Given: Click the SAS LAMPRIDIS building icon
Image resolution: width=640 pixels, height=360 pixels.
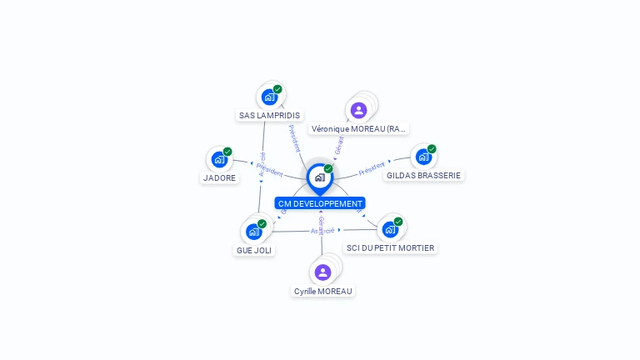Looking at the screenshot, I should [x=269, y=97].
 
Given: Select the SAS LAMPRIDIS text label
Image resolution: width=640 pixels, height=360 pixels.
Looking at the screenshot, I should [x=269, y=116].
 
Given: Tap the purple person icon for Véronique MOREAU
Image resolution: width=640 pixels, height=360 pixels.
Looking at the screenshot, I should [x=359, y=110].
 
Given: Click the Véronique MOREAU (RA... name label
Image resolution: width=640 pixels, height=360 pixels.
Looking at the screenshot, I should [x=358, y=129].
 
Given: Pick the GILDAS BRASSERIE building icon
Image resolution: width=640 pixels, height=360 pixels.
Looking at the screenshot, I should [x=423, y=157].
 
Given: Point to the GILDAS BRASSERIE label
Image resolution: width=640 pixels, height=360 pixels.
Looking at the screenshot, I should [x=423, y=176].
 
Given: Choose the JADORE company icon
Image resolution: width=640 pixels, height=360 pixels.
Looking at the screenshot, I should [x=219, y=159].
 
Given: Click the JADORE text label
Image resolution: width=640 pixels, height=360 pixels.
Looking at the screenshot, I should [x=220, y=178].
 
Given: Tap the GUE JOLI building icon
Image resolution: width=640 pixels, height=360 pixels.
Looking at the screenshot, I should [x=253, y=231].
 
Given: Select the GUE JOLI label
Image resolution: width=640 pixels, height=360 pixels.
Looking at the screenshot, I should [x=254, y=250].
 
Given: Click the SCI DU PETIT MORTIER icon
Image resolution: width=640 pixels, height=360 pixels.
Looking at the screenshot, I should [x=390, y=229].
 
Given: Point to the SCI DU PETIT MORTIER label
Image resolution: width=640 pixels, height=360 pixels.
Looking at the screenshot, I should [x=390, y=248].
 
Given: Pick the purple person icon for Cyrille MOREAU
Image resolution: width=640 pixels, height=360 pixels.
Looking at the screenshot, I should [x=323, y=272].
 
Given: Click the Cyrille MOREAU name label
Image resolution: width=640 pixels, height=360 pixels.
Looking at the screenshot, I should [x=323, y=292].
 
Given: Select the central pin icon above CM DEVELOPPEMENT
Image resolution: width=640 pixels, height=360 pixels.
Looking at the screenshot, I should [x=319, y=177].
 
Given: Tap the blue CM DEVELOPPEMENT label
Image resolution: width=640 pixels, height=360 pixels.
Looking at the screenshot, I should [x=320, y=203].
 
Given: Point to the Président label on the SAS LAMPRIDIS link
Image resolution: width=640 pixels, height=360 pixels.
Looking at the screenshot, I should [x=294, y=137].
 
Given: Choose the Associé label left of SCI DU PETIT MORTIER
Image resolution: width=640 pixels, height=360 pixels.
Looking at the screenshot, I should [x=322, y=230].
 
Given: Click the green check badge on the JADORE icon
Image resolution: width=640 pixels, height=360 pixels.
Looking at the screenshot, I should [x=227, y=152].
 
